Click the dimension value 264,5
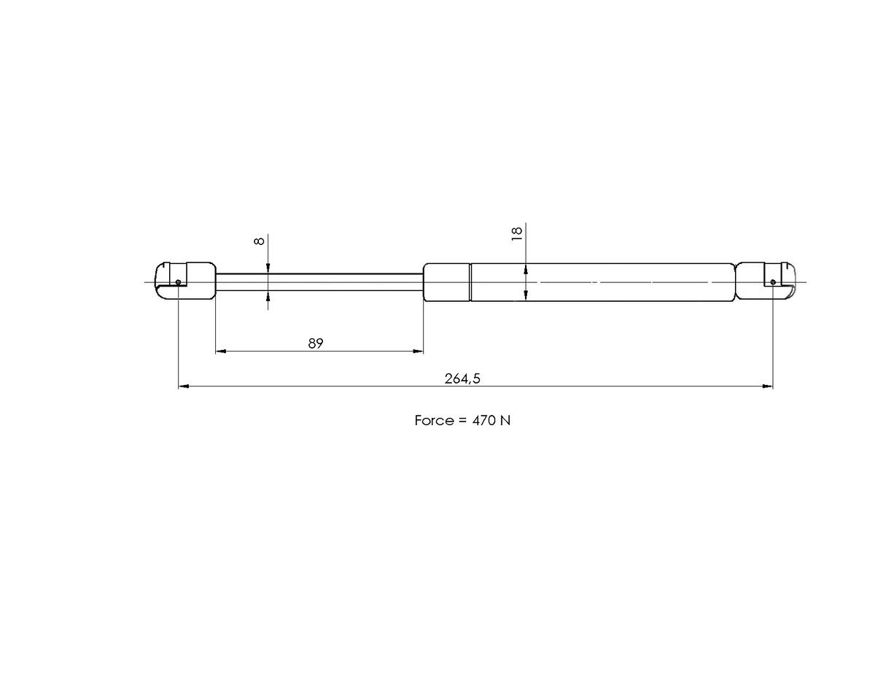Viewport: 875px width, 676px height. click(462, 379)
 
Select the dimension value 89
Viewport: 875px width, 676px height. click(316, 343)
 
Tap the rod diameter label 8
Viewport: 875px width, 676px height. click(259, 241)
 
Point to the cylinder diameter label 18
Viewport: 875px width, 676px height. click(517, 234)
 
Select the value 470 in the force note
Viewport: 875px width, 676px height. click(483, 421)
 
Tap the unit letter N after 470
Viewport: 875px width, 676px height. click(505, 421)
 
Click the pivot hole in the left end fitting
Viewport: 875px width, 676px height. click(179, 282)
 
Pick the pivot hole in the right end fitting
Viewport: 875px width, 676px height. click(773, 282)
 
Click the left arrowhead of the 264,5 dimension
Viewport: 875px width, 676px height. click(184, 386)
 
